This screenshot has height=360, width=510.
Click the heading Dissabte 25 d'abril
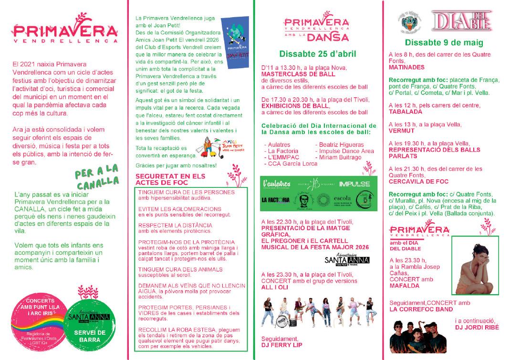[317, 54]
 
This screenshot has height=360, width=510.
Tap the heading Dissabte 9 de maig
[442, 42]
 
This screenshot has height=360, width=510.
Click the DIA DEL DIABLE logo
[455, 21]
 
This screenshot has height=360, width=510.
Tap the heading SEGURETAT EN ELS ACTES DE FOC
[170, 179]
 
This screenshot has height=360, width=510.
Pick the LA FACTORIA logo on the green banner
[276, 200]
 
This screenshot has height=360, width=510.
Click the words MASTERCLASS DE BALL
[299, 74]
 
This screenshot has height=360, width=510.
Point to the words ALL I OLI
[275, 287]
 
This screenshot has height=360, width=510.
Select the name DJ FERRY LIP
[281, 345]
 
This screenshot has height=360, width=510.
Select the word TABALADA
[406, 112]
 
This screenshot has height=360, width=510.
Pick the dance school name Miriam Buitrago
[338, 157]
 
